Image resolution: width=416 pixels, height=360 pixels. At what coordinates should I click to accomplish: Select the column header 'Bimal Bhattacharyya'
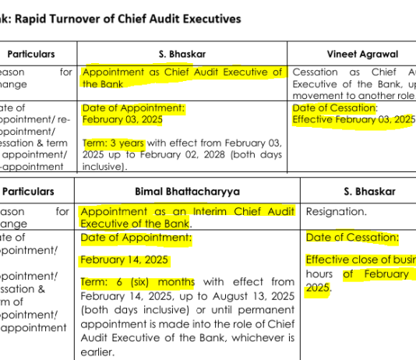tap(186, 191)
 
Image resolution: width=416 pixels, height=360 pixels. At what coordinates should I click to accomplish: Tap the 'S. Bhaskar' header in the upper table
tap(183, 55)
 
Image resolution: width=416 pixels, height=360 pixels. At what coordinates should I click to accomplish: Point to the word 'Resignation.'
tap(336, 211)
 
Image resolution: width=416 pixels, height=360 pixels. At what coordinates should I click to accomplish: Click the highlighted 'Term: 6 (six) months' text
tap(137, 281)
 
